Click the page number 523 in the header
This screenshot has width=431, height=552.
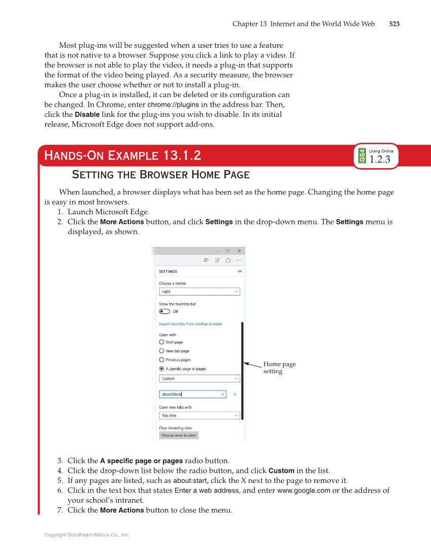394,24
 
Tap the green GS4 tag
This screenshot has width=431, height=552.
362,156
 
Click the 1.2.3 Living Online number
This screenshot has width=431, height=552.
380,159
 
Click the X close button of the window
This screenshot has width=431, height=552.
239,251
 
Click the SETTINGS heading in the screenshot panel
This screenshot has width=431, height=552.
168,272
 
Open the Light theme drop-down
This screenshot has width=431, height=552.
199,292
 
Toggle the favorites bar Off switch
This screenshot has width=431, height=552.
164,312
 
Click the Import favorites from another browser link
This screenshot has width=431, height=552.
190,324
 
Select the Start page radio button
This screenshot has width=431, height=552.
162,342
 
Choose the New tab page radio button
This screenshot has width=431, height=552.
162,351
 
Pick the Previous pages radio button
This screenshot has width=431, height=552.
162,360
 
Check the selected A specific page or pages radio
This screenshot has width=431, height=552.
162,369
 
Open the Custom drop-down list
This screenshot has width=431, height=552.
199,379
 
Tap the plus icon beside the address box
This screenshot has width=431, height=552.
235,394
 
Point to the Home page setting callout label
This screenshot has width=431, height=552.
279,368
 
